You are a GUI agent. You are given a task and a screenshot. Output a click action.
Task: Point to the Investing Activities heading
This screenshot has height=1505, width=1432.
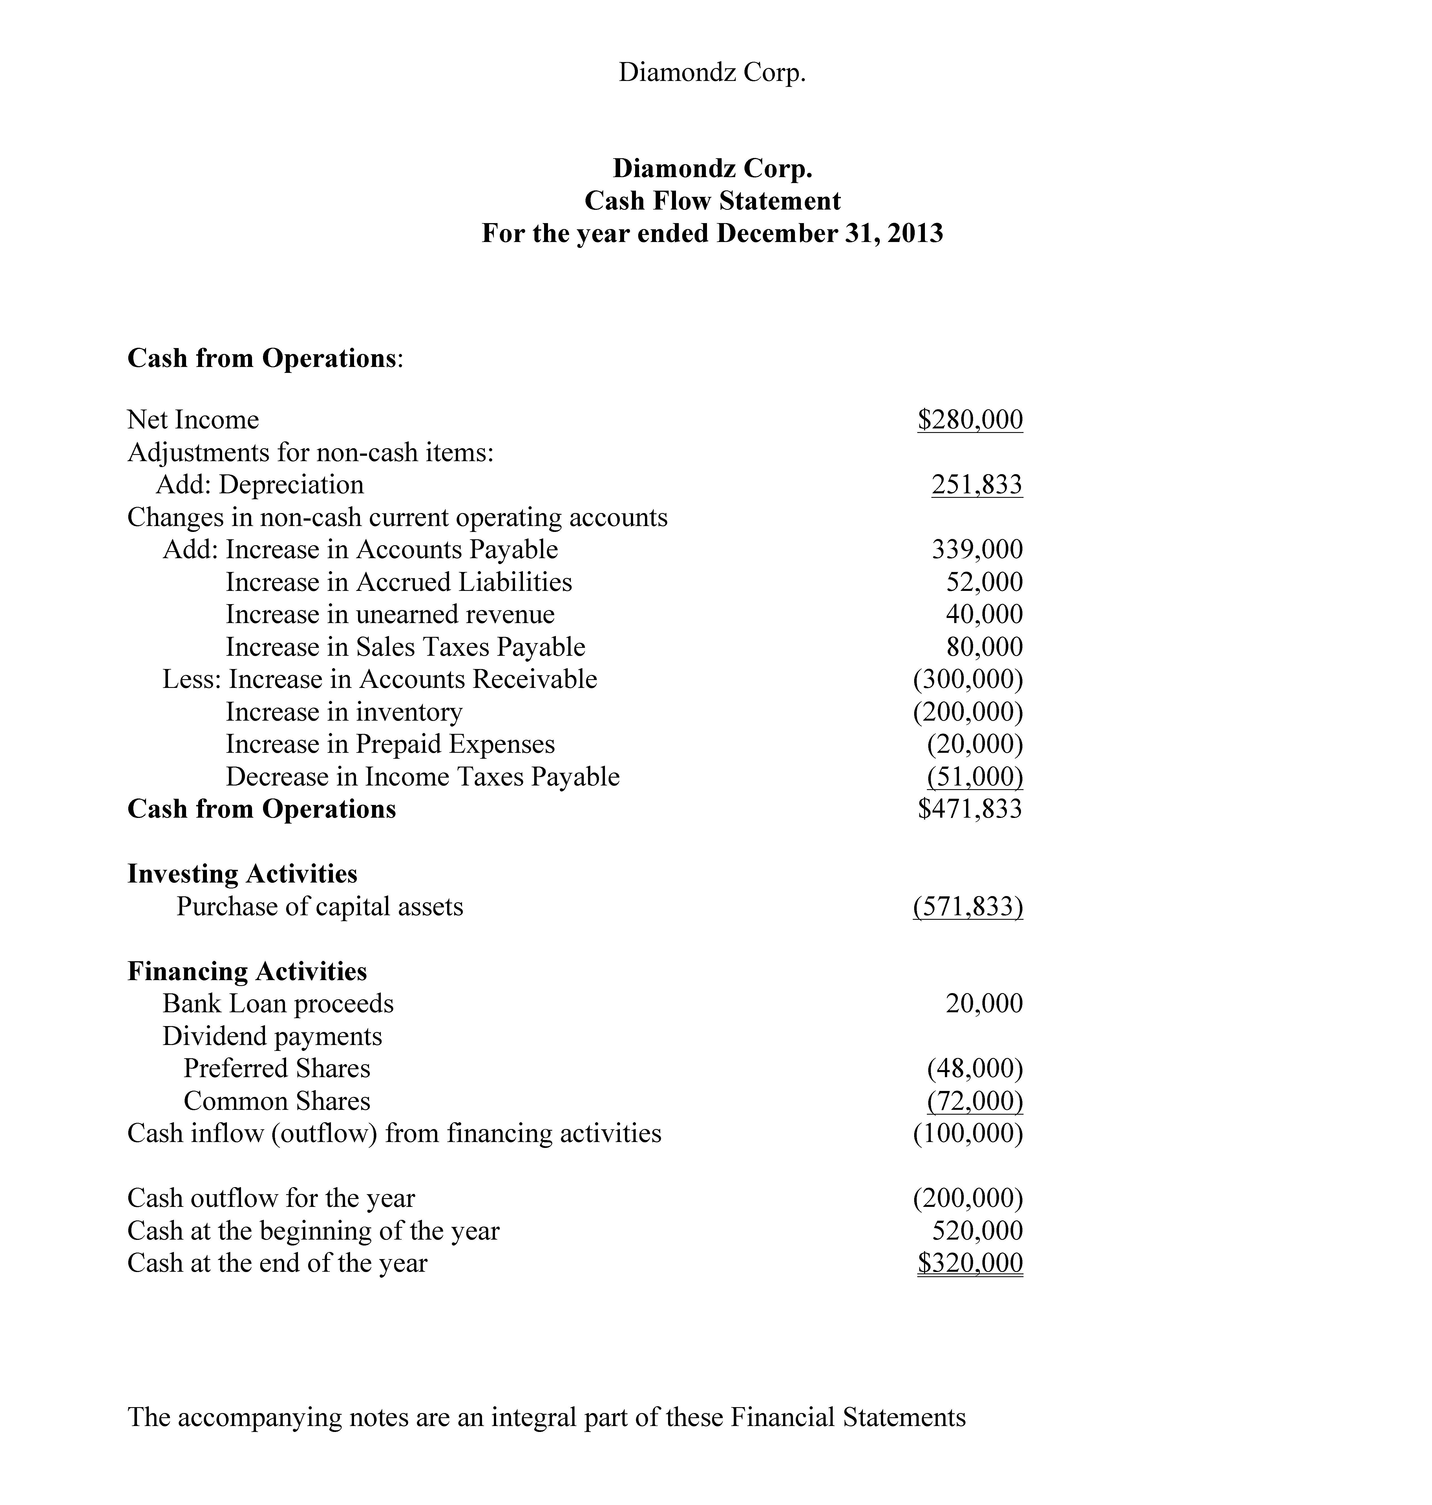coord(242,873)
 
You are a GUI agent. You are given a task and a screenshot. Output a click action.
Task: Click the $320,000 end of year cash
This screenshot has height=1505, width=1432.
coord(969,1263)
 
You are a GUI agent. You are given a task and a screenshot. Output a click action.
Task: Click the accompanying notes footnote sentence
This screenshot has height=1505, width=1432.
coord(546,1417)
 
